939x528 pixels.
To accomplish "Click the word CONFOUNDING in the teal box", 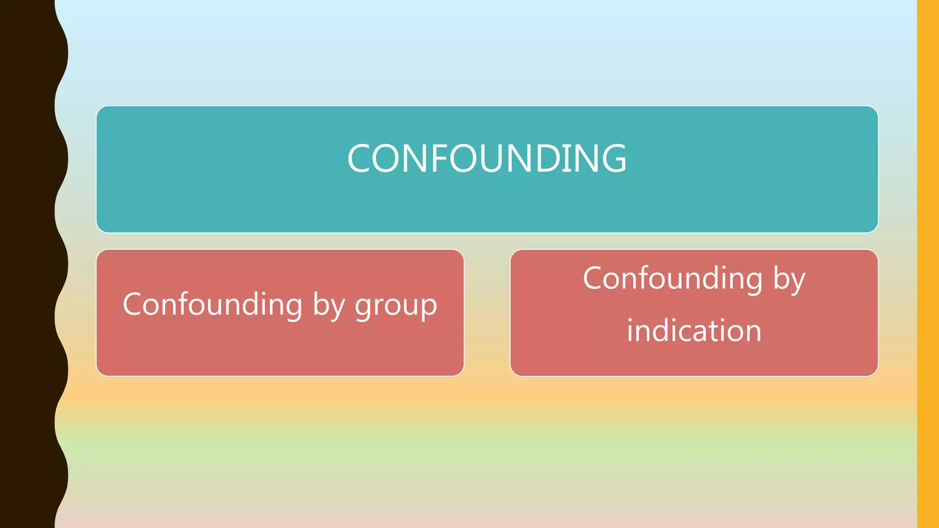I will pos(487,158).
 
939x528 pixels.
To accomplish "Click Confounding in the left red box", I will pos(212,304).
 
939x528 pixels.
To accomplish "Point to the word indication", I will pos(694,330).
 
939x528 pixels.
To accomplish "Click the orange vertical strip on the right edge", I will pos(928,264).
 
